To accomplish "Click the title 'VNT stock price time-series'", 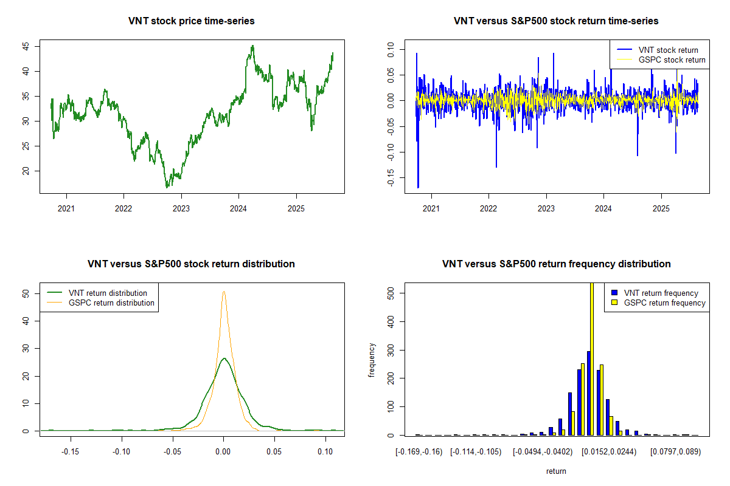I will tap(191, 21).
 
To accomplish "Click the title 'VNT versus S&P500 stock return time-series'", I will tap(556, 21).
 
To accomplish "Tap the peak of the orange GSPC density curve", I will tap(224, 292).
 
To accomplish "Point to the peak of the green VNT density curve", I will tap(224, 358).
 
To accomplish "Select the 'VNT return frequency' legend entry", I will tap(661, 293).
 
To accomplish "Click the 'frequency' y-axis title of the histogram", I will tap(372, 360).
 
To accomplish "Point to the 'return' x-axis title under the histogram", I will tap(556, 471).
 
